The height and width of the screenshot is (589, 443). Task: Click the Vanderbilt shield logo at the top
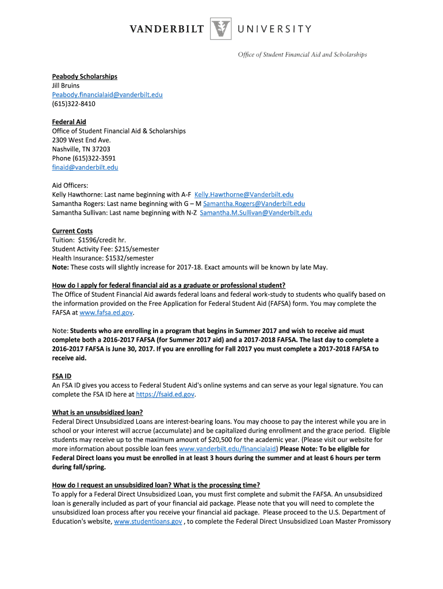(220, 29)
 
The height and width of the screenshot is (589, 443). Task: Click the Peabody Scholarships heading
(85, 77)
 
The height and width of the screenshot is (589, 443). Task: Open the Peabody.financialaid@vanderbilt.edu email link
(107, 94)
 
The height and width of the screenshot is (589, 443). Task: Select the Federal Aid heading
(69, 122)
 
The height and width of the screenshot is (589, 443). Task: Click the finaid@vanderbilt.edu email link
(85, 167)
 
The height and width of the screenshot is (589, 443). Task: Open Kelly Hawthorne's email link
(244, 194)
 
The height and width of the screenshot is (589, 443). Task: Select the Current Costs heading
(72, 231)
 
